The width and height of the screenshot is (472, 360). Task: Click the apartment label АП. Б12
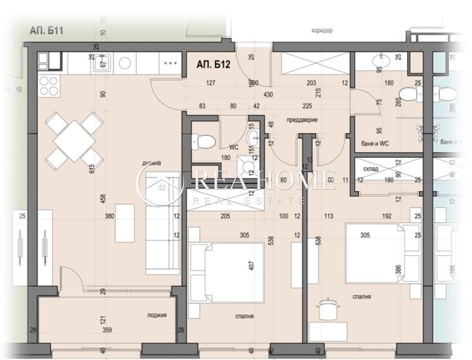click(212, 65)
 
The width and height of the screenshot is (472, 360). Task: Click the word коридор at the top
click(322, 30)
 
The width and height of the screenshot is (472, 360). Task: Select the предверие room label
click(301, 119)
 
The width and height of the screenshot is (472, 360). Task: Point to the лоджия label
click(157, 315)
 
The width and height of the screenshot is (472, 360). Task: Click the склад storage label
click(371, 169)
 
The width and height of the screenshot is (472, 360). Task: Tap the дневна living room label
click(152, 163)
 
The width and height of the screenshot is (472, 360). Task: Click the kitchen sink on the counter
click(101, 63)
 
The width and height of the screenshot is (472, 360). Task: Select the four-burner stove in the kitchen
click(48, 85)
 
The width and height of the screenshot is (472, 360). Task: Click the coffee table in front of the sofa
click(125, 223)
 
